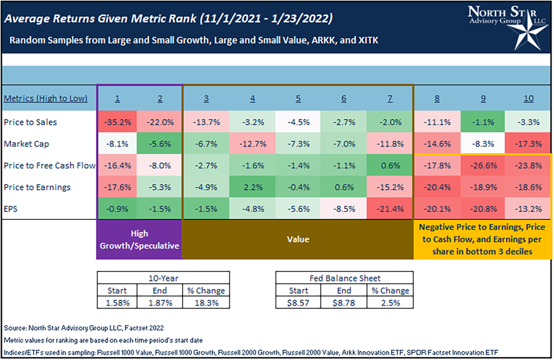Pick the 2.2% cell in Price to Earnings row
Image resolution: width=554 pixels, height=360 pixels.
(x=252, y=187)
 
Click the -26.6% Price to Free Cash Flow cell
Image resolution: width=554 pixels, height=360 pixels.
(x=482, y=166)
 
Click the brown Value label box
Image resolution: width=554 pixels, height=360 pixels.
(x=298, y=240)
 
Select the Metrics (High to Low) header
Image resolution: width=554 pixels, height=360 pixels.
(x=45, y=99)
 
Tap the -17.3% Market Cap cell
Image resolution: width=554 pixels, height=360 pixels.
(x=529, y=144)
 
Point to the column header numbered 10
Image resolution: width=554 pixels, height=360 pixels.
(x=529, y=99)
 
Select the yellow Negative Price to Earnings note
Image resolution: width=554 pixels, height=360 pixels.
(x=482, y=240)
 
